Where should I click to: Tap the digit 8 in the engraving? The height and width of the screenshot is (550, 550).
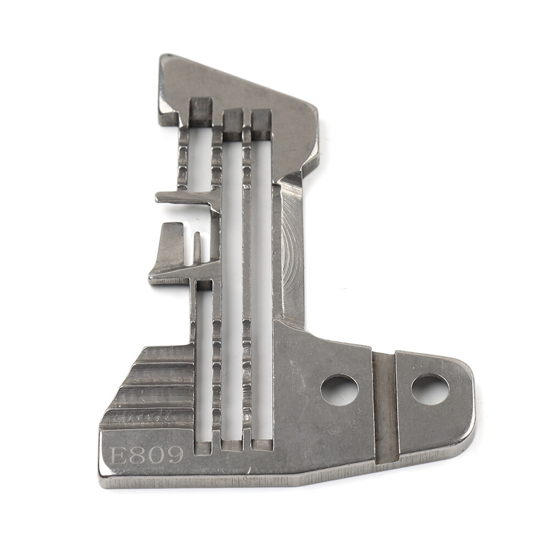point(137,455)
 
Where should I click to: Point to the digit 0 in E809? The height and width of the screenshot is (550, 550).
point(156,455)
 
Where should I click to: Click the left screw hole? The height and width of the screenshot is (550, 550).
point(340,390)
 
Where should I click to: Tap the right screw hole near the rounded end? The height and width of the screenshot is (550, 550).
point(430,389)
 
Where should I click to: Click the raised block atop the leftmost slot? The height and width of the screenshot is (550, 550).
point(201,111)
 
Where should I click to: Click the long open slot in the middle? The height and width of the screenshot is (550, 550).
point(232,286)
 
